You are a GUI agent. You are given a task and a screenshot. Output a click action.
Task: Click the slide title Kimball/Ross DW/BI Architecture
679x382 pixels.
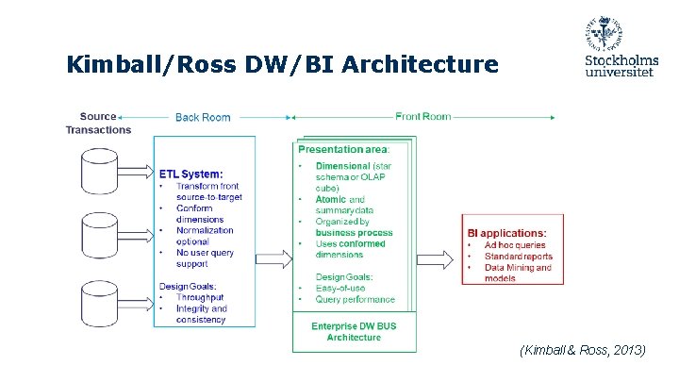[282, 64]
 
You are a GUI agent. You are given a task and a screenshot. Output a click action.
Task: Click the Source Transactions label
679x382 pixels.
[98, 124]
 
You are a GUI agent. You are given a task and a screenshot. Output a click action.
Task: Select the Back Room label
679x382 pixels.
[202, 117]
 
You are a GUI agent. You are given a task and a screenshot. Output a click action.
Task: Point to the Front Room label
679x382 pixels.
[422, 117]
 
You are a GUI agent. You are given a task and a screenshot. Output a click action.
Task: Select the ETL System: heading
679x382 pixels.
[191, 174]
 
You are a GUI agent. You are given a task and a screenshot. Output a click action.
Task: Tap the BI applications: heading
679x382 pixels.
[506, 232]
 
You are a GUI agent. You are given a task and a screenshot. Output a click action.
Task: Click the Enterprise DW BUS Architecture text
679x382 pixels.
[354, 332]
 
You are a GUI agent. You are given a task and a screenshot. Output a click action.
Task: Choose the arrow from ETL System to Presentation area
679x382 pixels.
[273, 256]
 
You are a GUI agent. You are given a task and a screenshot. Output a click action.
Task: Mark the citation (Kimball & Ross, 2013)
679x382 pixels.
[582, 350]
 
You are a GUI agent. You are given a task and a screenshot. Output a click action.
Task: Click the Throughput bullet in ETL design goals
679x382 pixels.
[199, 297]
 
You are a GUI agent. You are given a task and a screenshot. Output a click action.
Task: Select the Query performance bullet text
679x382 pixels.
[356, 299]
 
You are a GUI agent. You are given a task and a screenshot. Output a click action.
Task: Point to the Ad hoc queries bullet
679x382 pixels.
[515, 244]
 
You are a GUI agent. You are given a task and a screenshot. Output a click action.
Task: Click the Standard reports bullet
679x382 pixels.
[519, 256]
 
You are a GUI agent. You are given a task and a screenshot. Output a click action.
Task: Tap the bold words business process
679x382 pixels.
[354, 233]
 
